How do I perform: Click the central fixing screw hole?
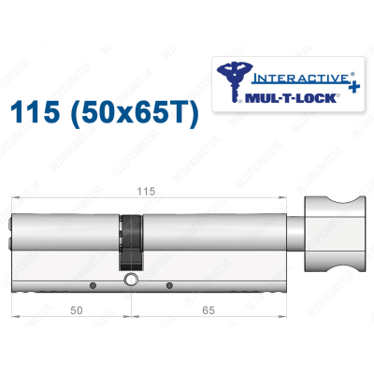[x=132, y=279]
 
